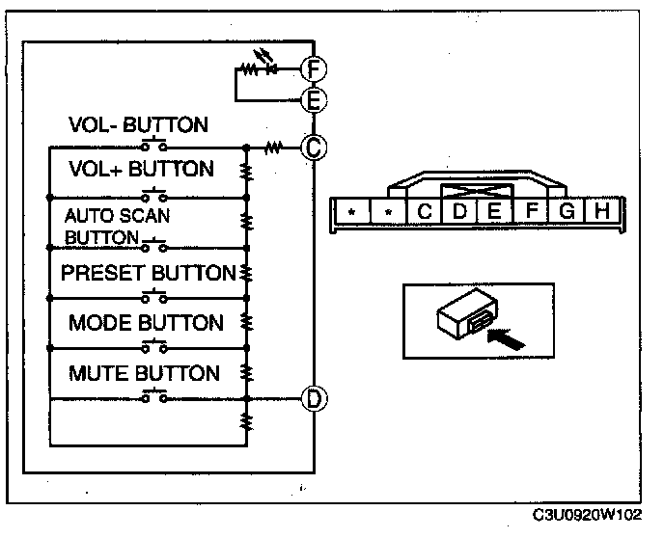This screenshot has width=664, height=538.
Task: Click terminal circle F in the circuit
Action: pyautogui.click(x=312, y=68)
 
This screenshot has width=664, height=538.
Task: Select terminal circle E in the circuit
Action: pyautogui.click(x=312, y=98)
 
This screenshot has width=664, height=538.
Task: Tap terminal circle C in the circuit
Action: pyautogui.click(x=312, y=148)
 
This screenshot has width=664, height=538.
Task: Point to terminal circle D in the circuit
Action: pyautogui.click(x=312, y=398)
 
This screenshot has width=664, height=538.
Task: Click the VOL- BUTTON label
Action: pyautogui.click(x=138, y=124)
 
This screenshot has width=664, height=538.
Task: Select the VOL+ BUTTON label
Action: pyautogui.click(x=141, y=170)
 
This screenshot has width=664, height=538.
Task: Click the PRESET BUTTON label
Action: pyautogui.click(x=148, y=273)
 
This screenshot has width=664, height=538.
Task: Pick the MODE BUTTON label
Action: pyautogui.click(x=146, y=323)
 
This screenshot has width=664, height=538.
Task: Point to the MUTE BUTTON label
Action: pyautogui.click(x=144, y=373)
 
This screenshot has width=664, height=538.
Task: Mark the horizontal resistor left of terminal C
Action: pyautogui.click(x=273, y=148)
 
